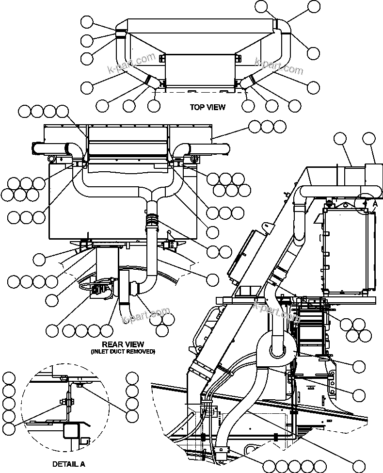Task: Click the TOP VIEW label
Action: [207, 107]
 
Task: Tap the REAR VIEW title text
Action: [123, 344]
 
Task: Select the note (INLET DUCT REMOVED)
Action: [123, 351]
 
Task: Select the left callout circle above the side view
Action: [341, 139]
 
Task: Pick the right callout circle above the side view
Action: [369, 139]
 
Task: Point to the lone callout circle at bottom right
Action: [358, 453]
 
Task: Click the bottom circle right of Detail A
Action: [132, 415]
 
